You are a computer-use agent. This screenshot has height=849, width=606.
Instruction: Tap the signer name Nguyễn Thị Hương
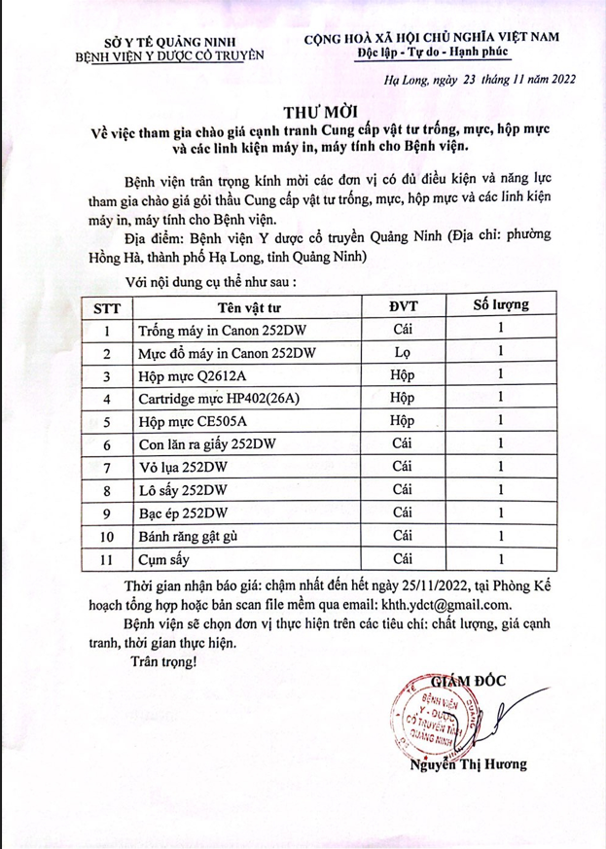(468, 764)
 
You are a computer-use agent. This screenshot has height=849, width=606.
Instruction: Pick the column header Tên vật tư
(242, 307)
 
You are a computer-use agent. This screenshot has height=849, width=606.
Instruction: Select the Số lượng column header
(500, 305)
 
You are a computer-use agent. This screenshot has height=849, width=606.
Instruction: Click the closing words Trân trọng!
(162, 661)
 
